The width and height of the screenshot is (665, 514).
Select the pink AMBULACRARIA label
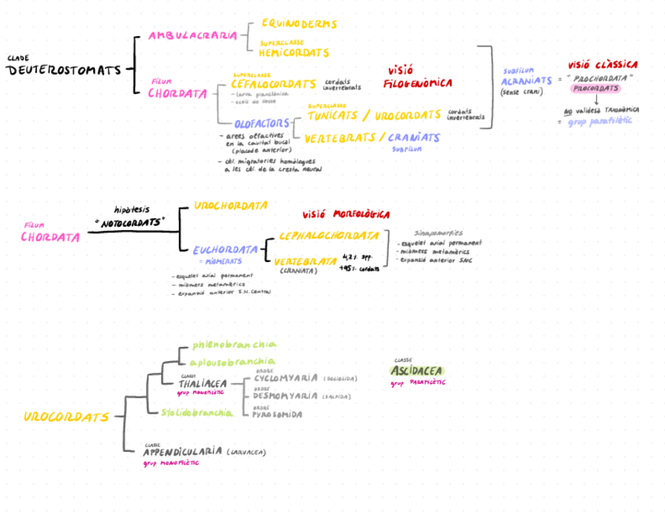(x=192, y=35)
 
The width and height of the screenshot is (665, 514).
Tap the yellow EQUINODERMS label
(x=299, y=24)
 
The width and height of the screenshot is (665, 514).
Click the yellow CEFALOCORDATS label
(x=274, y=84)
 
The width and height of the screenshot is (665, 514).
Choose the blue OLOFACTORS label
(x=262, y=123)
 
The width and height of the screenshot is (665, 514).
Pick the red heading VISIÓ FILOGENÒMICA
(x=417, y=76)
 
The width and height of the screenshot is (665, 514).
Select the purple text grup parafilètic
(x=600, y=122)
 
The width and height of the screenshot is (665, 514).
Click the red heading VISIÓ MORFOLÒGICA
(x=346, y=214)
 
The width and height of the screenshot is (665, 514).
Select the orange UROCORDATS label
(x=66, y=417)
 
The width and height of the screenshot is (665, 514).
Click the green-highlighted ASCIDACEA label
(x=416, y=370)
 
